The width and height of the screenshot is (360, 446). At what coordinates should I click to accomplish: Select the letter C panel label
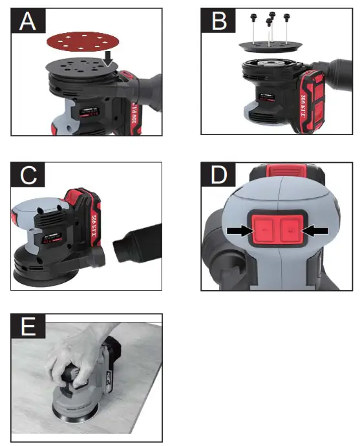(x=27, y=175)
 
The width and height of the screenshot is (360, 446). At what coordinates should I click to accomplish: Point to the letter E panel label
(x=27, y=328)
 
